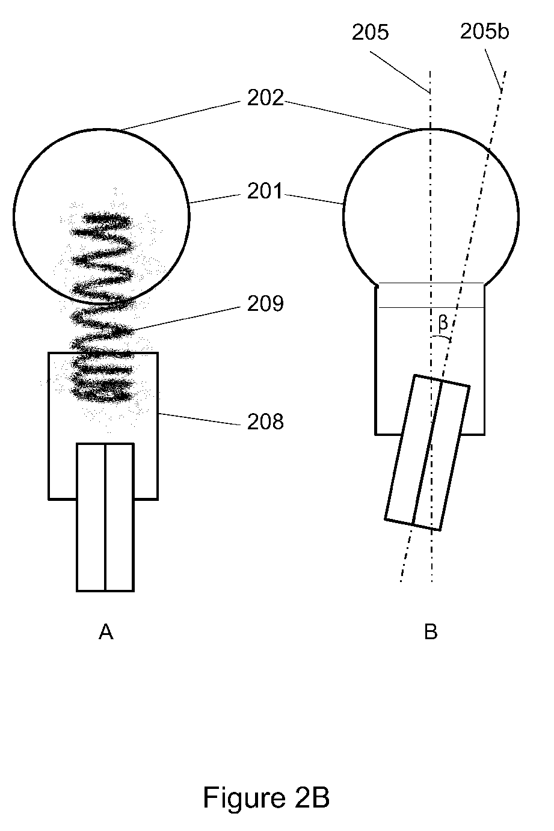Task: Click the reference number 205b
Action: (x=484, y=31)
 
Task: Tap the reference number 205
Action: (x=370, y=32)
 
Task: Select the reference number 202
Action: (x=265, y=98)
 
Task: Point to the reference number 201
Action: (x=265, y=191)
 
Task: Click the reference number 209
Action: (x=265, y=304)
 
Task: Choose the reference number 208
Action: (x=265, y=422)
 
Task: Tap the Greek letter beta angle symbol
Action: (x=443, y=324)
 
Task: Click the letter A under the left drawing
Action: (x=106, y=632)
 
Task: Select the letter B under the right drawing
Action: (x=431, y=632)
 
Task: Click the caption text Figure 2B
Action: (x=266, y=797)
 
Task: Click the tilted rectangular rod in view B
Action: (x=427, y=453)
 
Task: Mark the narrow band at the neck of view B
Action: (x=431, y=295)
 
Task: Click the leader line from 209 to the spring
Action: (x=186, y=318)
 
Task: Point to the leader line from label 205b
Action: (x=493, y=70)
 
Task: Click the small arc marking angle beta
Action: (x=441, y=337)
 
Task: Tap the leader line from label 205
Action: (x=400, y=72)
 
